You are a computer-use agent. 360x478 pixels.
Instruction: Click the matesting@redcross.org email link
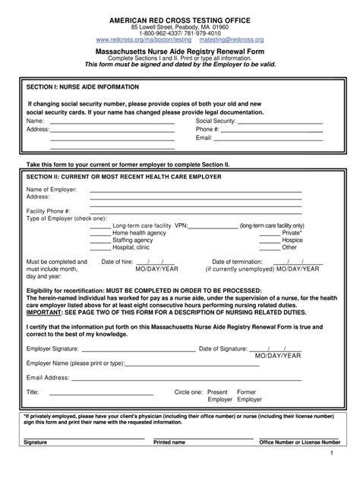click(x=232, y=39)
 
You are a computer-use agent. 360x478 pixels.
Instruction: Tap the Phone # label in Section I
click(x=207, y=130)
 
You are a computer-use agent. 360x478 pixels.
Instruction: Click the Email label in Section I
click(x=204, y=138)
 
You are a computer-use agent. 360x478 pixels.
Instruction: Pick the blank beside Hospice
click(x=270, y=241)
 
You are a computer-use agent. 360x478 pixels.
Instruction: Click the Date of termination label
click(x=237, y=262)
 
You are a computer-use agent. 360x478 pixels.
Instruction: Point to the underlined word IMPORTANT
click(x=46, y=311)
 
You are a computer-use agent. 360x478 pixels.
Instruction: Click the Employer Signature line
click(x=137, y=351)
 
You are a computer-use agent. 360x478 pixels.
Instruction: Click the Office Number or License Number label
click(x=299, y=442)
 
